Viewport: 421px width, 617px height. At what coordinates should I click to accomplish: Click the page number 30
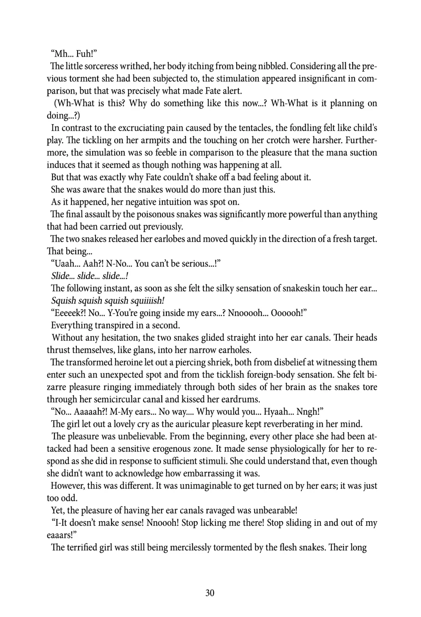(x=210, y=593)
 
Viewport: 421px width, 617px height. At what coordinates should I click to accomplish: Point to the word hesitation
(x=119, y=338)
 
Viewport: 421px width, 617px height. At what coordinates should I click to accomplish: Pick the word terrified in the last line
(x=83, y=548)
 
